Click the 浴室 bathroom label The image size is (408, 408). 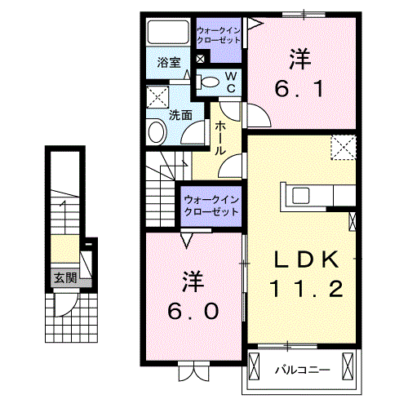coord(169,61)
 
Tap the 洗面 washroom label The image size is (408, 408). coord(180,115)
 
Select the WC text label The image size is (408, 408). coord(231,80)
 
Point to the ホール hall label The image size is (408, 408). coord(221,138)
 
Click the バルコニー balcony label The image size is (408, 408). coord(302,370)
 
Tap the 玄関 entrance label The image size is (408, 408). coord(65,278)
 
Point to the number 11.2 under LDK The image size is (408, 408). coord(304,288)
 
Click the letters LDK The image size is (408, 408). coord(304,259)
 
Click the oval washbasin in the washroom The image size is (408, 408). coord(156,131)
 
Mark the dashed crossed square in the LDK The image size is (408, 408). coord(344,146)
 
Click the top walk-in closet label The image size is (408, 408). coord(219,35)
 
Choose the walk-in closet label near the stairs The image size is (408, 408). coord(211,204)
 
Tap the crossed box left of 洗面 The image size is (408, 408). coord(156,99)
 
